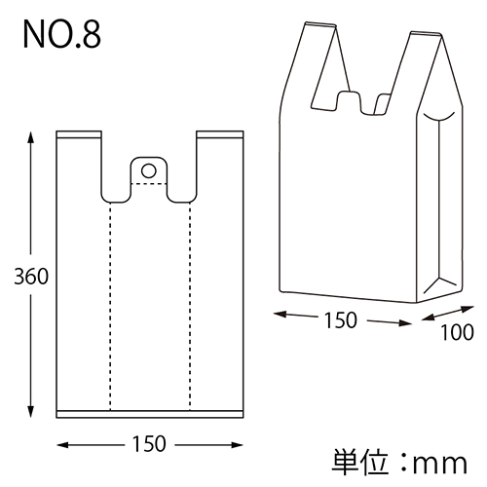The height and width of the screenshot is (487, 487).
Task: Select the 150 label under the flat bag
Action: tap(149, 443)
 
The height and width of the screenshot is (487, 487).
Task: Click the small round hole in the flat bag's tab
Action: tap(149, 170)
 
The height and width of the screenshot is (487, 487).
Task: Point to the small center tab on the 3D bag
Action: tap(350, 101)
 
